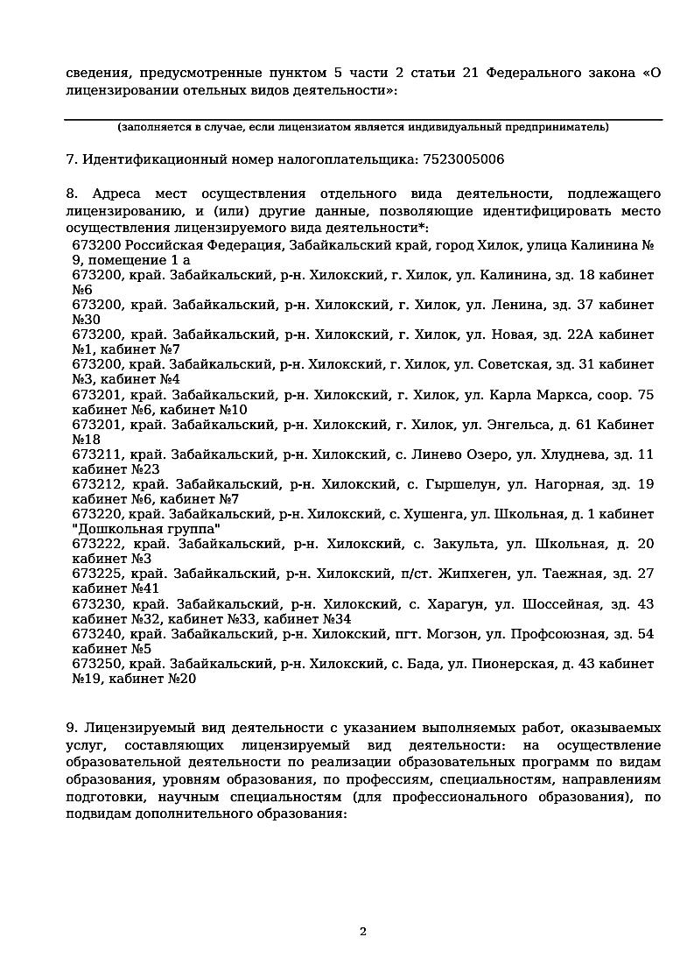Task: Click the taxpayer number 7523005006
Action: coord(463,159)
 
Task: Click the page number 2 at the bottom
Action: coord(363,931)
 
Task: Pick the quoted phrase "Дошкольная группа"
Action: coord(146,529)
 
